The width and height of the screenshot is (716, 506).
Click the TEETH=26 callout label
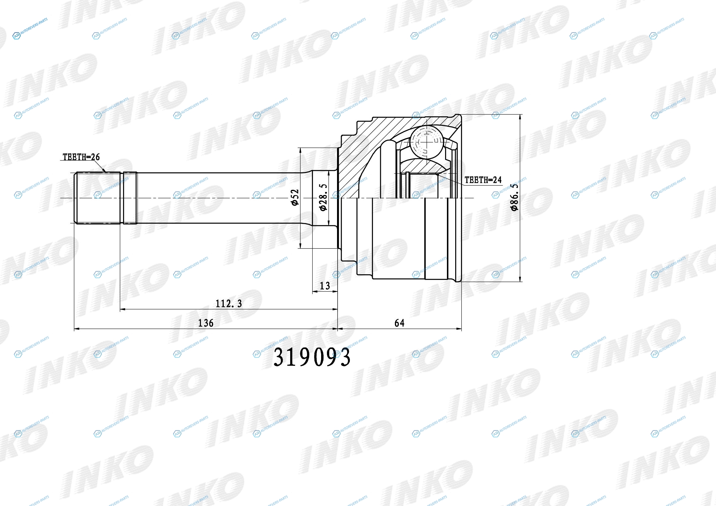81,157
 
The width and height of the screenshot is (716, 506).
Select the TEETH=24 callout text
483,180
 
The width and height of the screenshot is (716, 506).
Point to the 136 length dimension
206,323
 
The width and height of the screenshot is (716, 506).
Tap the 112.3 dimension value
229,303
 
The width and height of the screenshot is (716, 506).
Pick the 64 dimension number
399,323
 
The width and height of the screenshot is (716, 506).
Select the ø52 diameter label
295,197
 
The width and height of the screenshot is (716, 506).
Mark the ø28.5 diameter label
323,197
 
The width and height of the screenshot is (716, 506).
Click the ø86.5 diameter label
515,197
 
